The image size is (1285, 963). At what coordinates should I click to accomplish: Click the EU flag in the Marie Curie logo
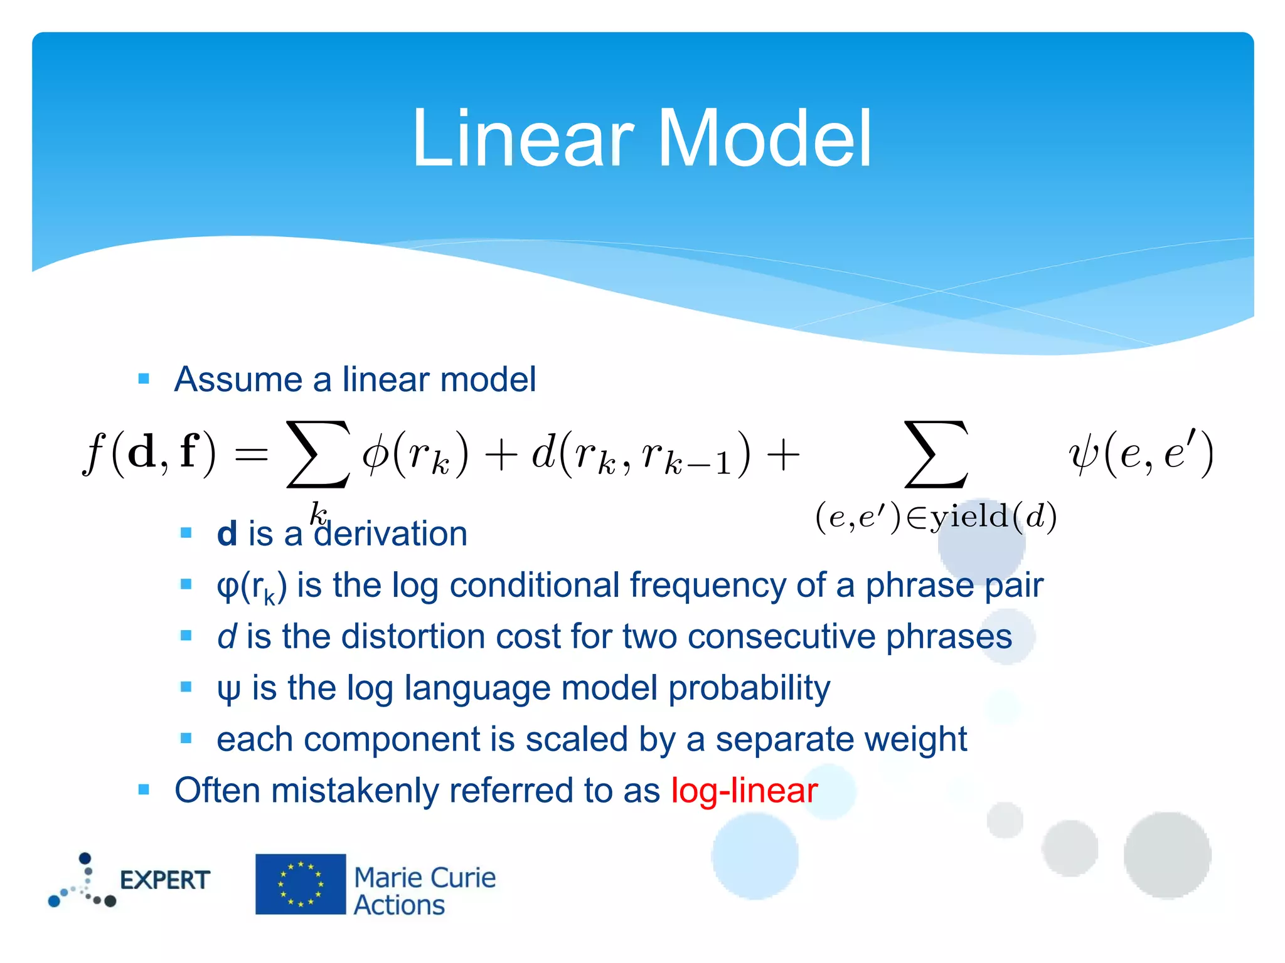(301, 884)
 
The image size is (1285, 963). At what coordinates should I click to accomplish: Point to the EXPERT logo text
(164, 880)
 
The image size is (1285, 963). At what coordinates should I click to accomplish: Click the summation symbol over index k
(318, 455)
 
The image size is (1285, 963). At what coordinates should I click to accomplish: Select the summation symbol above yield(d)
(936, 455)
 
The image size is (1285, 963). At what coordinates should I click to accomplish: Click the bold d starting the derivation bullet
(227, 535)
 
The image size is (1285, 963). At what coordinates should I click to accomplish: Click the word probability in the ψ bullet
(749, 689)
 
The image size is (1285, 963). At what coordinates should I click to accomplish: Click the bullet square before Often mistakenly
(144, 789)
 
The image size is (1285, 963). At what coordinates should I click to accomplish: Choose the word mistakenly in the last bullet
(355, 791)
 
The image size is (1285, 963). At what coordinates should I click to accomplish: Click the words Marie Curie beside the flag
(425, 878)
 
